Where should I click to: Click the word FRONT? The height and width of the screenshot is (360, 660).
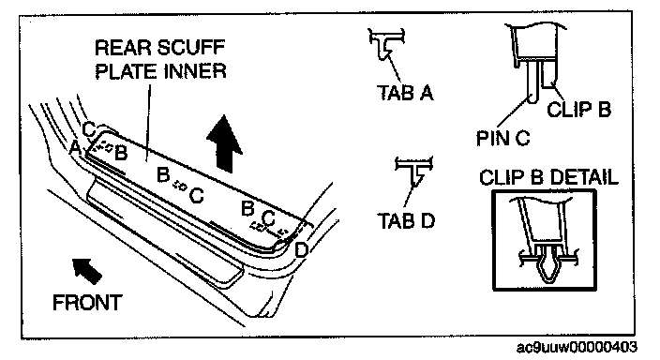click(87, 302)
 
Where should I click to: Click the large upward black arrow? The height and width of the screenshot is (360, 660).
click(224, 143)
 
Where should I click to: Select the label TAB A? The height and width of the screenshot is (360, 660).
click(405, 92)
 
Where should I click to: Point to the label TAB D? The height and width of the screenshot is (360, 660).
click(406, 220)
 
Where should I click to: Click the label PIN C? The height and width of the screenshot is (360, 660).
click(503, 138)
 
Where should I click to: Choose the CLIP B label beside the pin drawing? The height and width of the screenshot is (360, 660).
click(578, 110)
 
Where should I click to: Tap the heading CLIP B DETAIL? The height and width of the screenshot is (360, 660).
click(548, 177)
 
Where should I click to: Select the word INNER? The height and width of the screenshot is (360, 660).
click(195, 70)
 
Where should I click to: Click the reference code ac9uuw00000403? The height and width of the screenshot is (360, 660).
click(577, 347)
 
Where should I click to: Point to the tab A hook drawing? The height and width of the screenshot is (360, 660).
click(386, 44)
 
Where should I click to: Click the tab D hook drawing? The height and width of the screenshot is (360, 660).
click(414, 170)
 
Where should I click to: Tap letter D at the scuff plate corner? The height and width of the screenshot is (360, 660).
click(301, 250)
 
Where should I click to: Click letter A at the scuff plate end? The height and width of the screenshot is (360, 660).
click(75, 147)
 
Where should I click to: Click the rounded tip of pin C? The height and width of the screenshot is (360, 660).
click(532, 100)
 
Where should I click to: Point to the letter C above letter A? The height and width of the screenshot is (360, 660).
click(89, 129)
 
